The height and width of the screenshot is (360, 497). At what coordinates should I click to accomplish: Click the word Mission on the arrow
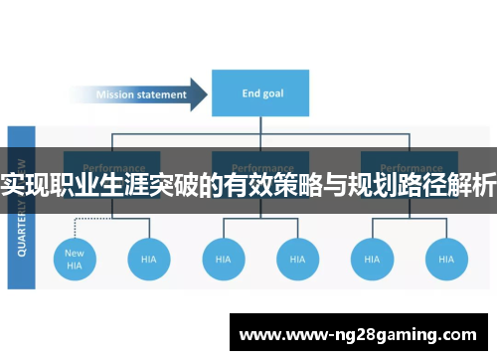[116, 95]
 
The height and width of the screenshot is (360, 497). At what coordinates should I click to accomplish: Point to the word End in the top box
[249, 94]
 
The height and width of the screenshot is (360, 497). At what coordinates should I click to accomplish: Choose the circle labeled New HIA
[75, 260]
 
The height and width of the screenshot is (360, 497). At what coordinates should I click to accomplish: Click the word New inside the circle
[75, 253]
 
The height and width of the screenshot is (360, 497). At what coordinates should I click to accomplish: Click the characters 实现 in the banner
[26, 185]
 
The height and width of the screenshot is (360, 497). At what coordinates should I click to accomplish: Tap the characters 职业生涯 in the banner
[100, 185]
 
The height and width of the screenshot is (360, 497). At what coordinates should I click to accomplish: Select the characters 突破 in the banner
[175, 185]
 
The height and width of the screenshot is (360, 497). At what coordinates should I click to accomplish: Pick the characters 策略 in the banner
[298, 185]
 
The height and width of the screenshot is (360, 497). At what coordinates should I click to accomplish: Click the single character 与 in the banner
[335, 185]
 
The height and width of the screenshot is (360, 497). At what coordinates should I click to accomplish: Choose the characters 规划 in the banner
[372, 185]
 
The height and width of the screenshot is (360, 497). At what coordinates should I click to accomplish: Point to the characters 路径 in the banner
[421, 185]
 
